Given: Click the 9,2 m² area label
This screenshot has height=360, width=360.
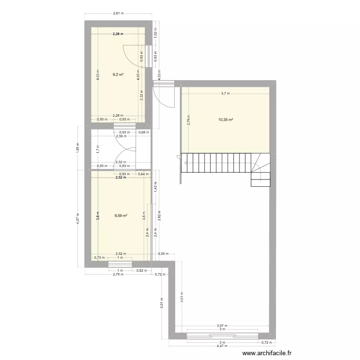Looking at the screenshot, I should tap(118, 75).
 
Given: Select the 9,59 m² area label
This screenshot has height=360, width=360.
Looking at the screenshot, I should tap(121, 216).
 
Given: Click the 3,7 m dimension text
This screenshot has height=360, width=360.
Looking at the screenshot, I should tap(225, 94).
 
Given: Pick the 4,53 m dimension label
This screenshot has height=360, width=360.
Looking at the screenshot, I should tap(159, 75).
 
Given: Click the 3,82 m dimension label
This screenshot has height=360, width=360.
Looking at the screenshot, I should tap(159, 217).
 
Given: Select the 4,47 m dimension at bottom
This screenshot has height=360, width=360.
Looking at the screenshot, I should tap(221, 345).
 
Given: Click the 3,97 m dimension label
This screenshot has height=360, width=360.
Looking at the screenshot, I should tap(222, 325).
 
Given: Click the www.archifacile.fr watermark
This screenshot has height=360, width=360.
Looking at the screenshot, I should tap(267, 353).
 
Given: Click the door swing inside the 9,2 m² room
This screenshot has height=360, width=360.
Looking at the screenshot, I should tap(132, 55).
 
